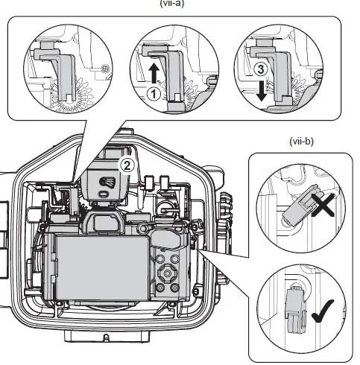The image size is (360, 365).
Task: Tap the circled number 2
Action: (x=127, y=165)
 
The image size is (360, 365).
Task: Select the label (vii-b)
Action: (x=301, y=141)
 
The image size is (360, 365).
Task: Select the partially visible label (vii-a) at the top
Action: (x=170, y=3)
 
